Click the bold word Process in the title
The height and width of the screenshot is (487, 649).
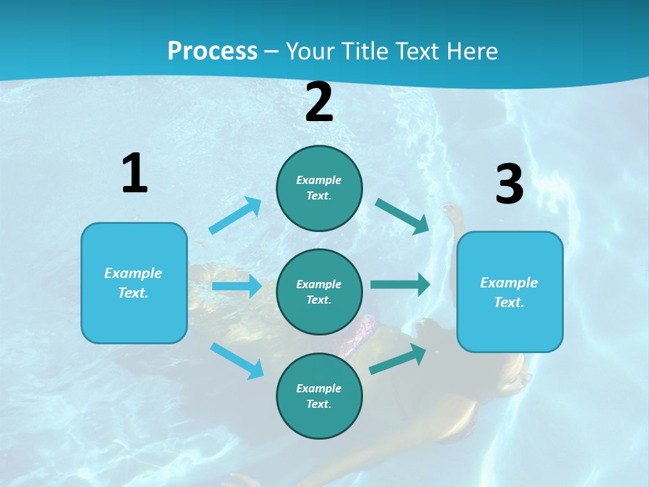tap(212, 51)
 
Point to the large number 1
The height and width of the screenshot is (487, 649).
tap(135, 173)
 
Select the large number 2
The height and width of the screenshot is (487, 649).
tap(319, 102)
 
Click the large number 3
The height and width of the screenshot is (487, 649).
tap(509, 185)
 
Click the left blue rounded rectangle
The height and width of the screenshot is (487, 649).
tap(134, 283)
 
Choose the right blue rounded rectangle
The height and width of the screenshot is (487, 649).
tap(510, 292)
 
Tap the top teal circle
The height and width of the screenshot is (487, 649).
tap(319, 188)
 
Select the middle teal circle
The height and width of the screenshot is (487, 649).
tap(319, 292)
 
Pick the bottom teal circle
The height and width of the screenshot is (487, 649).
tap(319, 396)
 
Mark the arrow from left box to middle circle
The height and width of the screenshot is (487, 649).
tap(237, 286)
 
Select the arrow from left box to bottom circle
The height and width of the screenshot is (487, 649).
tap(237, 361)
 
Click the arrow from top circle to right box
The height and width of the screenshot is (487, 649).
tap(402, 216)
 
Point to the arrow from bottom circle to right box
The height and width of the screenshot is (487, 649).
tap(398, 359)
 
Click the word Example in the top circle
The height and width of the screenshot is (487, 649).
tap(319, 180)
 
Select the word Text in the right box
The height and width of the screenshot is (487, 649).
tap(508, 302)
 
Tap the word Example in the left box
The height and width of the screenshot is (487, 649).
tap(133, 273)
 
